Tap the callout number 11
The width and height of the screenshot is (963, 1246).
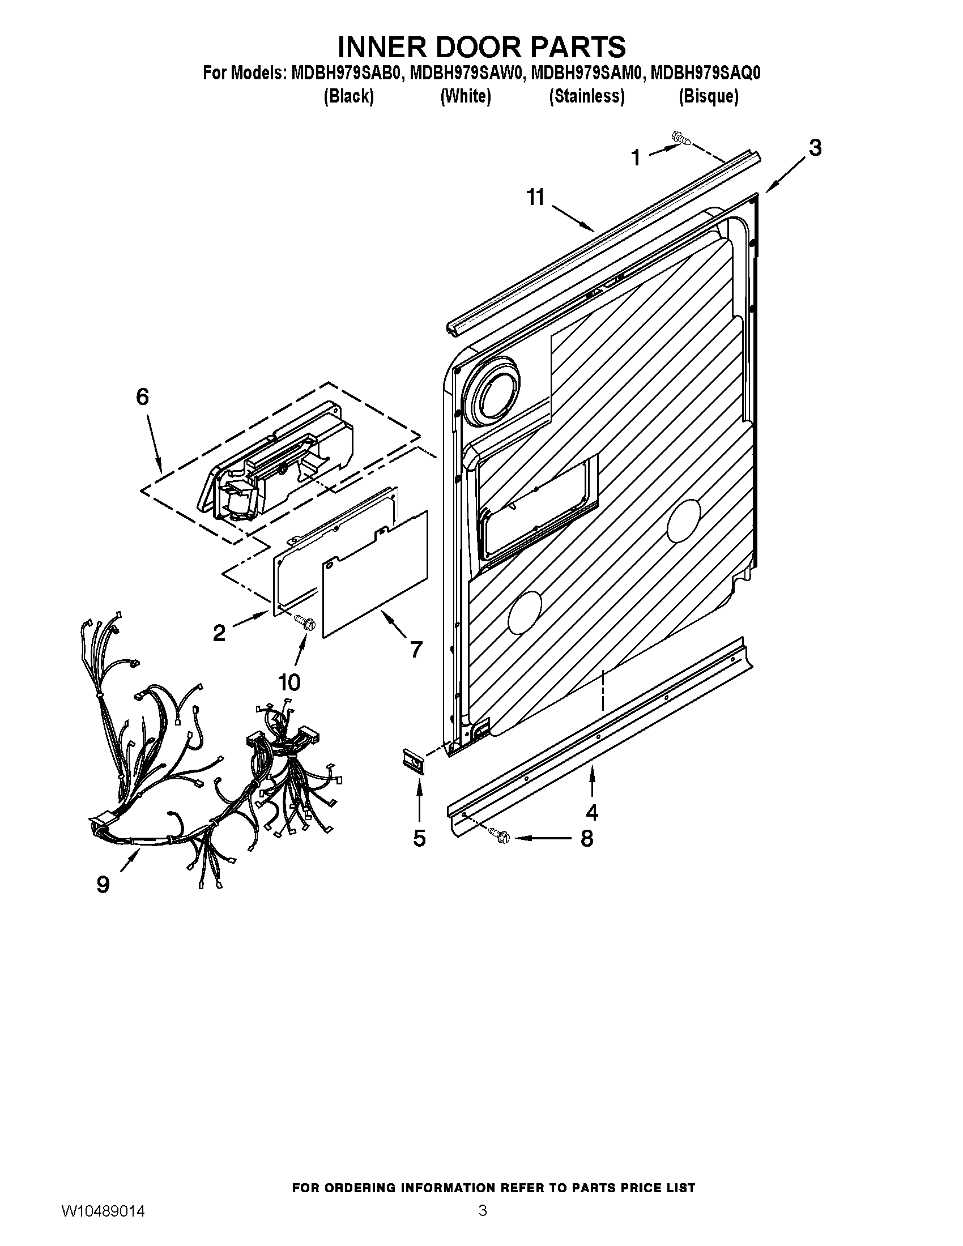click(536, 198)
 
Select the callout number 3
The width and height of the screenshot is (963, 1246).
click(815, 148)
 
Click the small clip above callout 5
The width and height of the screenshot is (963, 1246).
click(414, 761)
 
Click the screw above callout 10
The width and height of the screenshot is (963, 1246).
click(304, 622)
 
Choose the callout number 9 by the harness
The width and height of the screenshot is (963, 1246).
click(103, 884)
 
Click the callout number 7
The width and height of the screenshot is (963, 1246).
click(416, 649)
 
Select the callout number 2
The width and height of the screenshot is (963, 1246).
click(219, 633)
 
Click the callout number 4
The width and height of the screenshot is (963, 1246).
click(591, 811)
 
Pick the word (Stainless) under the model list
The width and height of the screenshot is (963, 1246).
click(586, 96)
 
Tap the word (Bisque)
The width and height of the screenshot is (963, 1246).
click(709, 96)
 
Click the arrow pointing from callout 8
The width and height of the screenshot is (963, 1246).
click(542, 838)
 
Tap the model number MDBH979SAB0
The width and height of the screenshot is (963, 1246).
click(346, 74)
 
